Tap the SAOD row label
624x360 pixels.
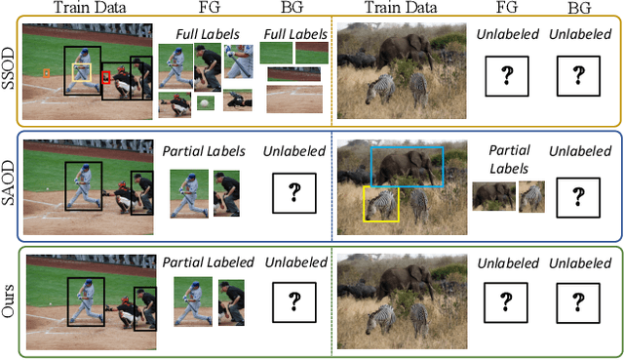pos(8,187)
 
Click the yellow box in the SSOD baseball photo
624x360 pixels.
pos(81,72)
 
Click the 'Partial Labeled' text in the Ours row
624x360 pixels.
pos(208,261)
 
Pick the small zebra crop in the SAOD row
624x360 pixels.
pos(530,196)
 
